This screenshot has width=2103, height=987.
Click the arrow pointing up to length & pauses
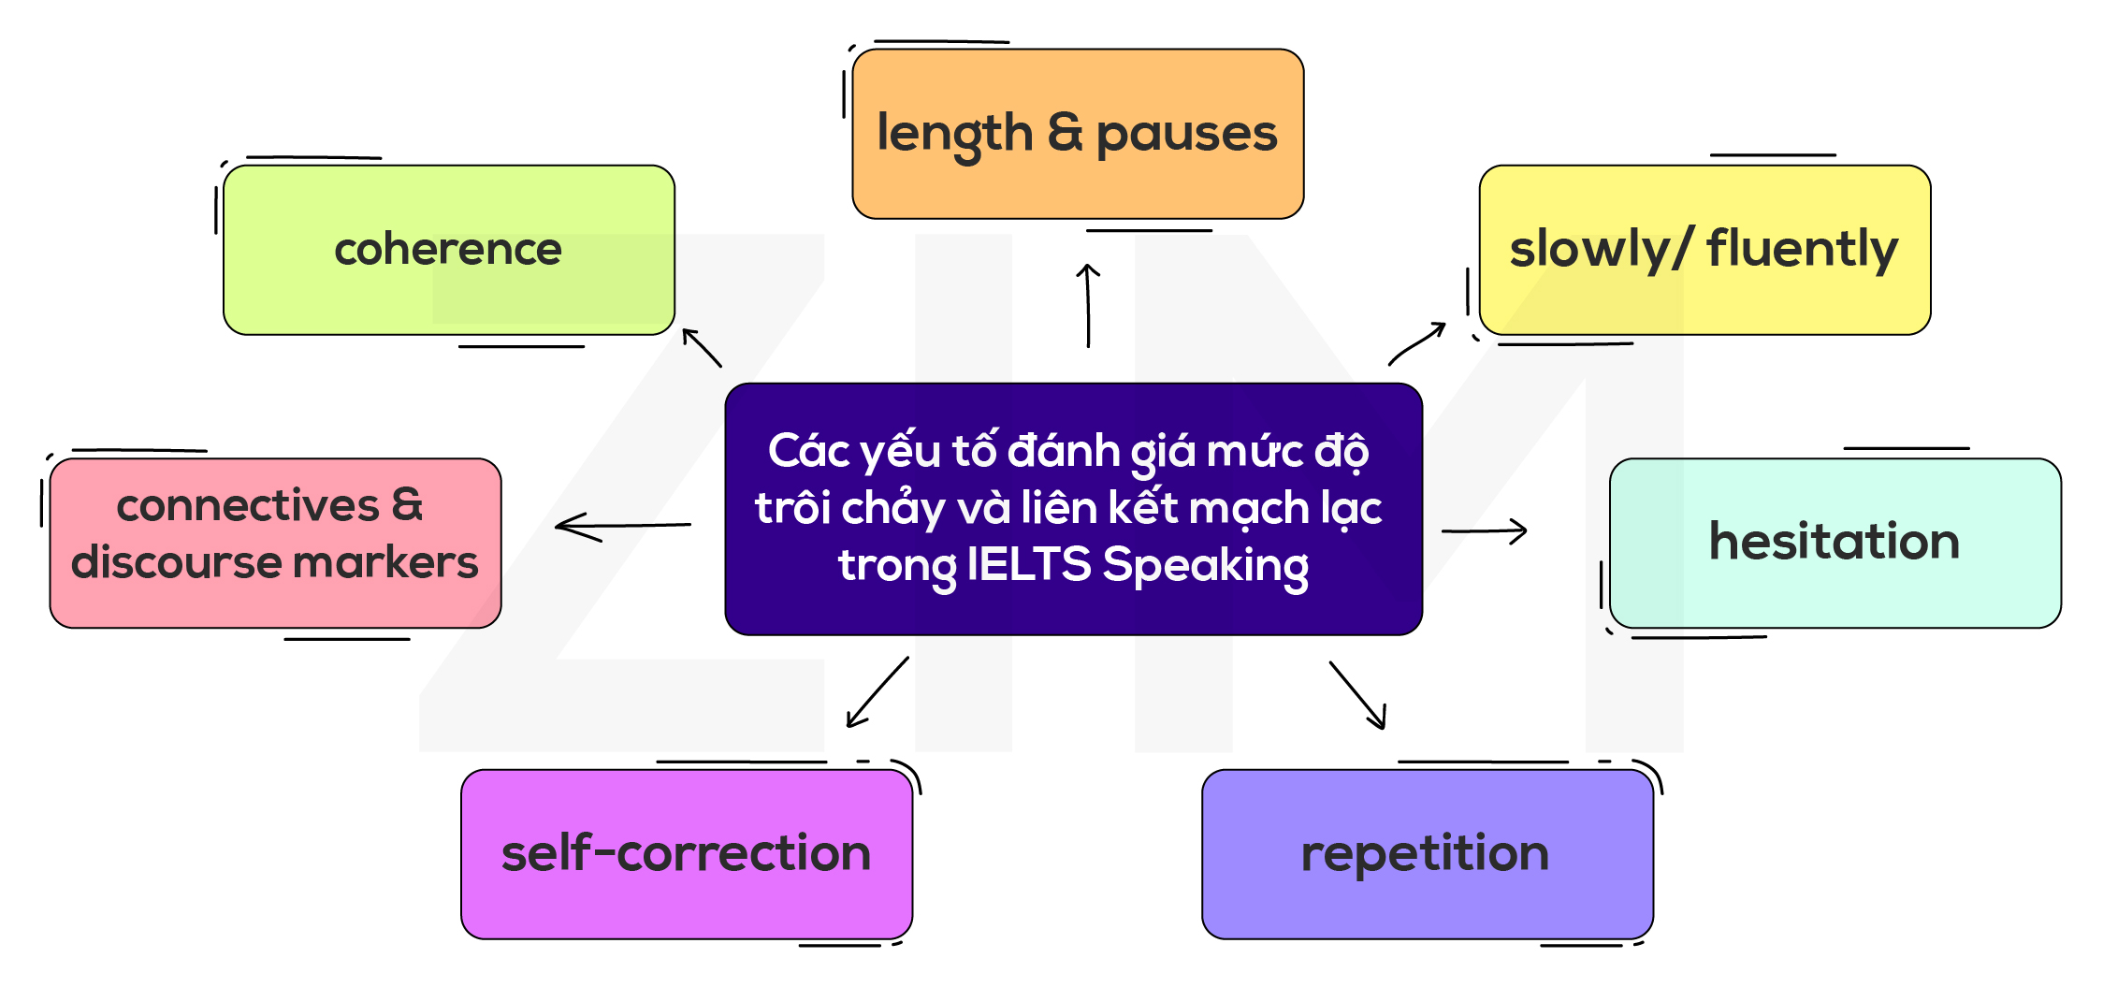pos(1088,305)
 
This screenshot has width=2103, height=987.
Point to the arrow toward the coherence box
pos(702,347)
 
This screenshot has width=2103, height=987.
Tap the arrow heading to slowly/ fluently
pos(1416,343)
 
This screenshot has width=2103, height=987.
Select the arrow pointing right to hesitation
pos(1485,531)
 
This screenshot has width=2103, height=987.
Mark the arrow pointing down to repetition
pos(1357,695)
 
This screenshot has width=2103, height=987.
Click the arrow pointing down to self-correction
pos(877,692)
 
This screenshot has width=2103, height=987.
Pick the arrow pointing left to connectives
pos(622,526)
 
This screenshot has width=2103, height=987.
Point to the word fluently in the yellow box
pos(1802,249)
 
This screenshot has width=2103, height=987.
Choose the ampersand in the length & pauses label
pos(1065,132)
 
